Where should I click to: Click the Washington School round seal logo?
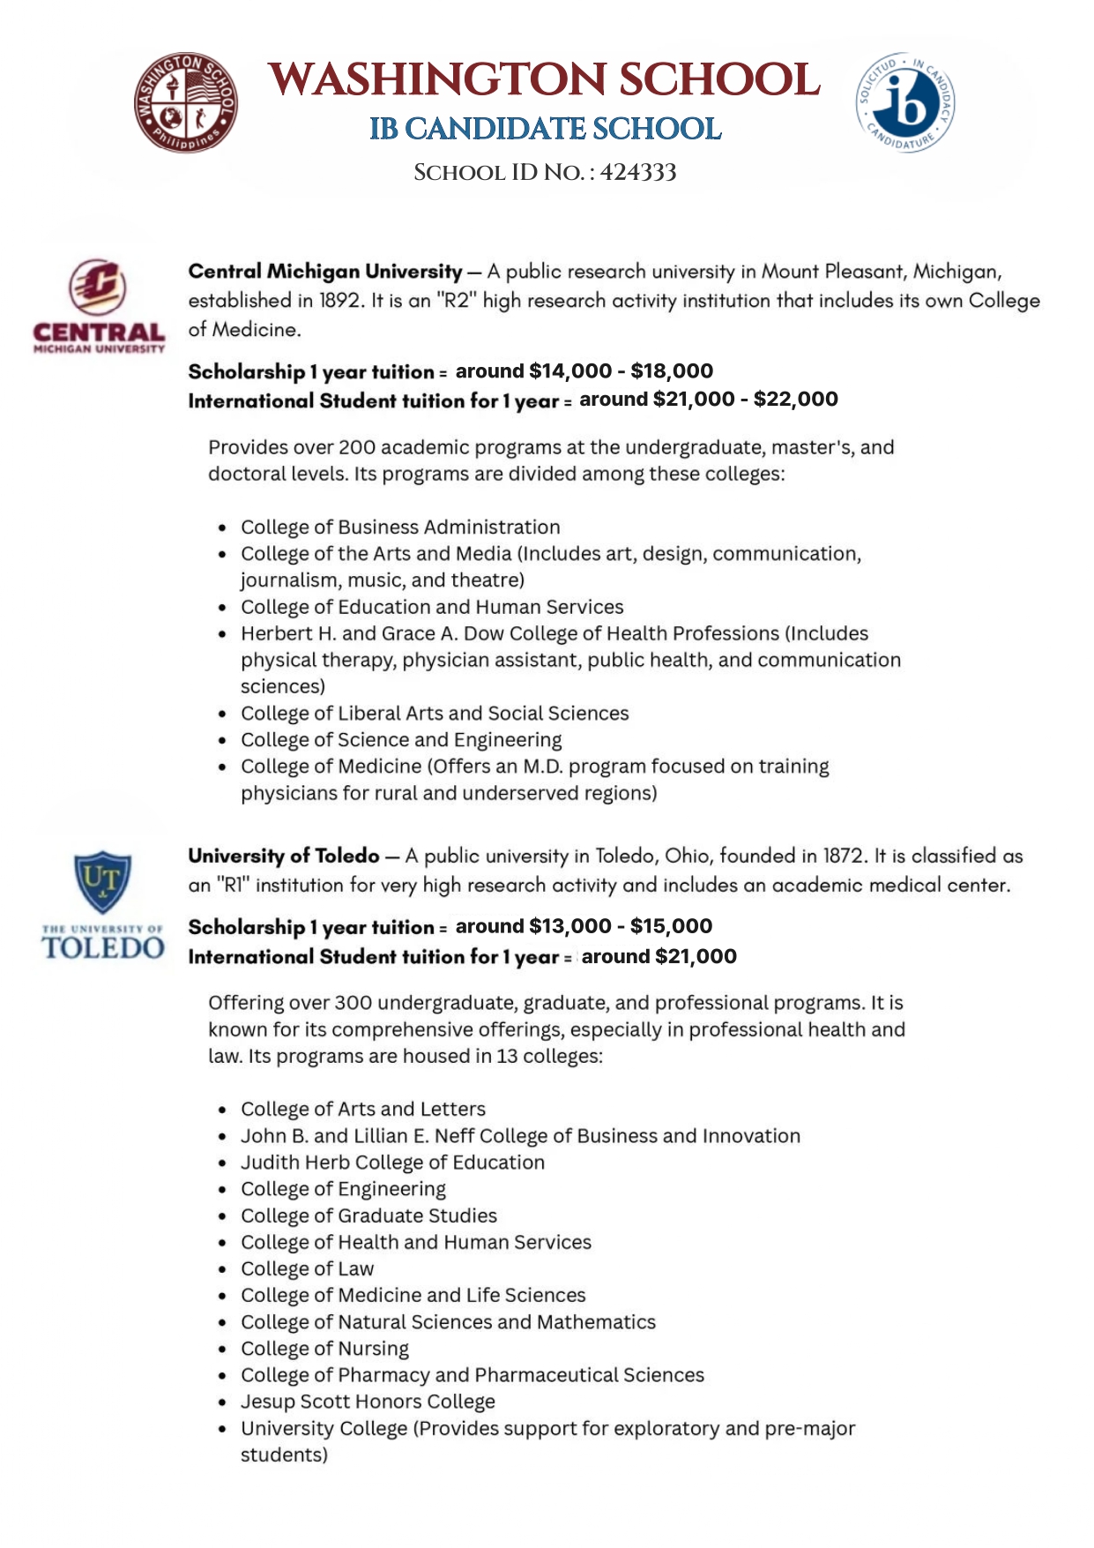click(185, 101)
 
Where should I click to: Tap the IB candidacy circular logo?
click(904, 101)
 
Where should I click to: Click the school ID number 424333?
click(638, 172)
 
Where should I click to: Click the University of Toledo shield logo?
click(103, 882)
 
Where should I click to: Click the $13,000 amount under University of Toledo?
click(569, 926)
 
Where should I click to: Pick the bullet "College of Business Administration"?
click(400, 527)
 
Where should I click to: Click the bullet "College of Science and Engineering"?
click(401, 740)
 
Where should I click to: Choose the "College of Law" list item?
click(308, 1269)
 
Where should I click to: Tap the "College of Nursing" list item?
click(325, 1349)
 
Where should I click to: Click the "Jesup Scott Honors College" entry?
click(368, 1402)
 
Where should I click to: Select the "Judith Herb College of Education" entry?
click(392, 1163)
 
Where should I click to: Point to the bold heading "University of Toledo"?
click(284, 856)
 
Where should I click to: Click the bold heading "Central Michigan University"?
click(325, 272)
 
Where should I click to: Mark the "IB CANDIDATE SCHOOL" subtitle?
click(545, 129)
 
